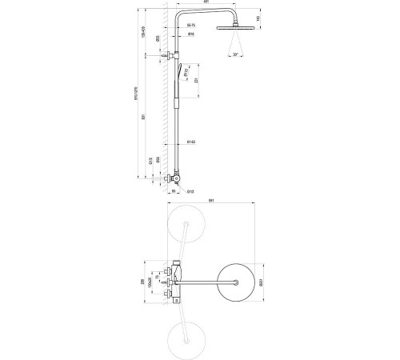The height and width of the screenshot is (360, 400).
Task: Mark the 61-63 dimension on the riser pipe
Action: (x=190, y=142)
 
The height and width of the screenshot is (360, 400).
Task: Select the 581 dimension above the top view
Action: (x=210, y=201)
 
